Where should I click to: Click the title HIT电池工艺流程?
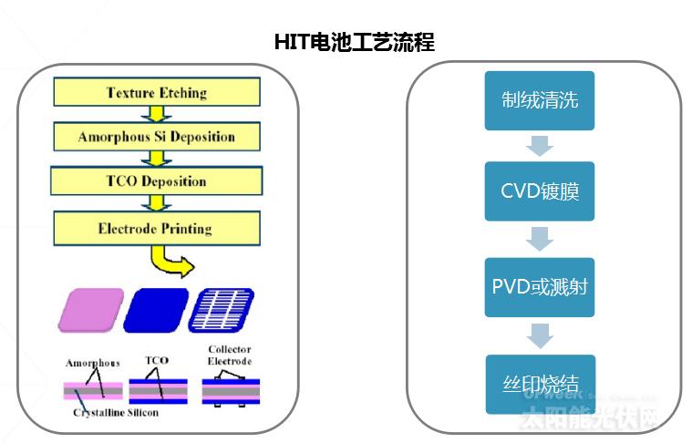354,42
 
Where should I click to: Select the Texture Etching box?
156,92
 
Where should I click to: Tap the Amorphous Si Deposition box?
156,137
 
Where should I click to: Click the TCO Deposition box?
156,180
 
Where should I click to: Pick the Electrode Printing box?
156,228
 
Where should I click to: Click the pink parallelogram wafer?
89,310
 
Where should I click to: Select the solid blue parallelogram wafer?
155,310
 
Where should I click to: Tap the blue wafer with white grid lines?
222,310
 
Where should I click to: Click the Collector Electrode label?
229,355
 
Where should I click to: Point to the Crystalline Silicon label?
117,413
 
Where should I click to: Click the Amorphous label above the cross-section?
91,363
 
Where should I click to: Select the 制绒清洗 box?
540,100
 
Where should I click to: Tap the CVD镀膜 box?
540,191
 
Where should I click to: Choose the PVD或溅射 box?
540,287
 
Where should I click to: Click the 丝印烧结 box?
540,384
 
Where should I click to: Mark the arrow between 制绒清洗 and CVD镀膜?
540,146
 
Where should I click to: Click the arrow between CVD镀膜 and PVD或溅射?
540,239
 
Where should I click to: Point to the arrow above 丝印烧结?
540,335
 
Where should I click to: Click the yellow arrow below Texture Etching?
156,114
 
